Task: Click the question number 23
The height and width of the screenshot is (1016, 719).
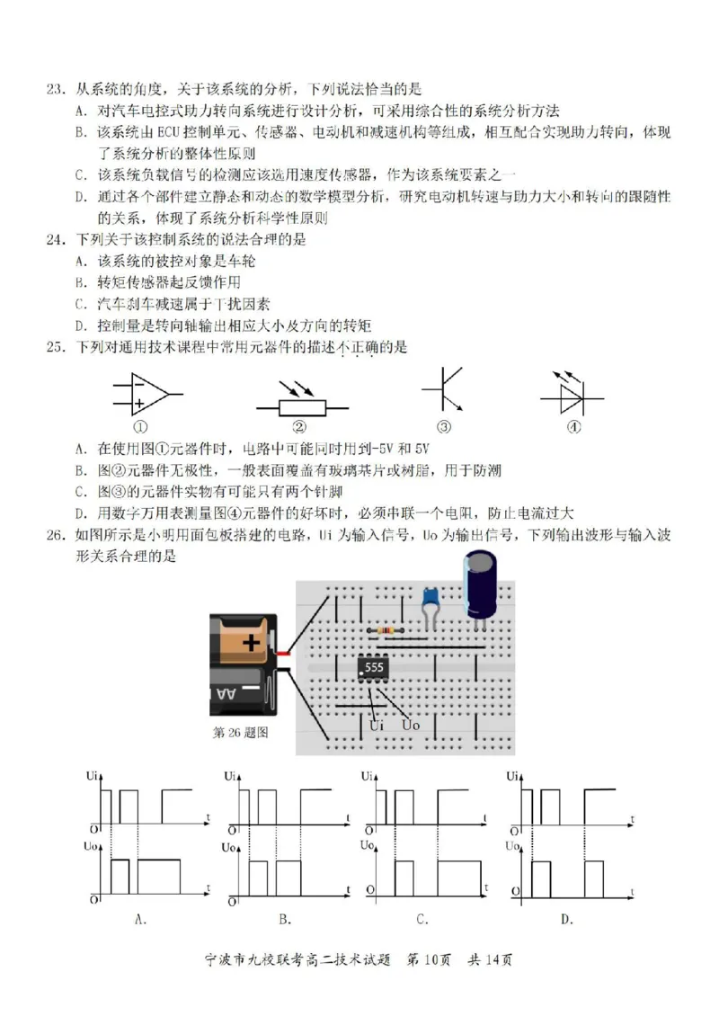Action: pos(55,89)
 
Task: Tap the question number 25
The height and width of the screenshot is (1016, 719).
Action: pos(55,347)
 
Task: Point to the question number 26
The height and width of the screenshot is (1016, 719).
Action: pos(55,536)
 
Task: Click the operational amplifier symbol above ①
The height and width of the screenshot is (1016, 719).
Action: pos(145,394)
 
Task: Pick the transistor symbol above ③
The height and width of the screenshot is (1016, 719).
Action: pos(442,390)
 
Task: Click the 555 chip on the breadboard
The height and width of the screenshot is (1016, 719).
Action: pos(373,668)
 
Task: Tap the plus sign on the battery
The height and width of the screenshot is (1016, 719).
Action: pos(251,645)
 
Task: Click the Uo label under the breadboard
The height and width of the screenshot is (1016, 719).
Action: pos(411,725)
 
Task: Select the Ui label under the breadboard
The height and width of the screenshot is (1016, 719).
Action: pos(378,725)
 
